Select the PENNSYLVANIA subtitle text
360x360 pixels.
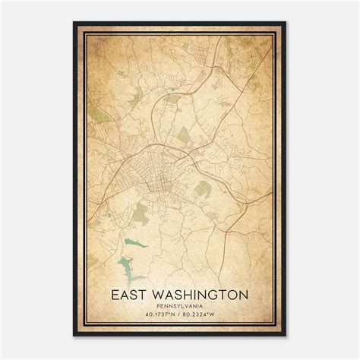179,306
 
